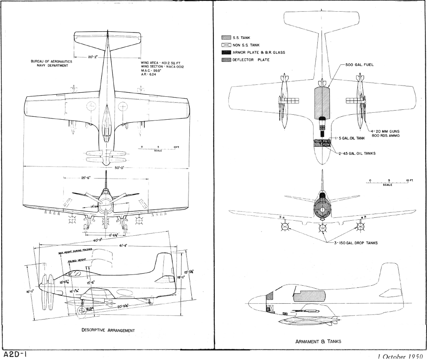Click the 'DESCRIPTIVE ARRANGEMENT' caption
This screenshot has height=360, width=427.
click(108, 330)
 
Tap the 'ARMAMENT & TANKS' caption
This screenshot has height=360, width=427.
click(318, 341)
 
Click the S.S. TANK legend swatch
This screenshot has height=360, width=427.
click(226, 38)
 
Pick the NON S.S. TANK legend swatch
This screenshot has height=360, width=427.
click(226, 45)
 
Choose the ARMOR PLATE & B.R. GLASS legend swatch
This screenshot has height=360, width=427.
click(226, 53)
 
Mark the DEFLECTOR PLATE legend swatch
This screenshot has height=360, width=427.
click(226, 60)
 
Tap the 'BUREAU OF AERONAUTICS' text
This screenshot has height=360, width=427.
click(51, 61)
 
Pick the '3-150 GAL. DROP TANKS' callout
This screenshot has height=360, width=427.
click(356, 243)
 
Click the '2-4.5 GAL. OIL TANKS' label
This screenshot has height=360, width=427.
click(357, 154)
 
